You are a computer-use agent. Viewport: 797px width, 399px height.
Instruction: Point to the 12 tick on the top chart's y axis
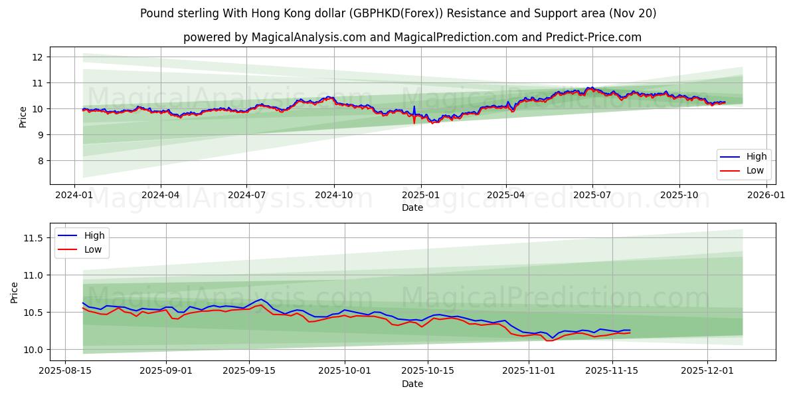37,57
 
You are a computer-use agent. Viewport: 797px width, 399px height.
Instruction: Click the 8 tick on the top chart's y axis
39,161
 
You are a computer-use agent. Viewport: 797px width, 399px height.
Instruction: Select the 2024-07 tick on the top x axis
246,195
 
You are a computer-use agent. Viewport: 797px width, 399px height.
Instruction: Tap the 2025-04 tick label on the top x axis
505,195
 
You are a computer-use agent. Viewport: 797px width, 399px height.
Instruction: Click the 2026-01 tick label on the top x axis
765,195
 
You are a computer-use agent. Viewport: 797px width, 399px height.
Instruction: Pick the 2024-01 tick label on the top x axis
74,195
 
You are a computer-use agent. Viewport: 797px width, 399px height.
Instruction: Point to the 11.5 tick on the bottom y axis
33,238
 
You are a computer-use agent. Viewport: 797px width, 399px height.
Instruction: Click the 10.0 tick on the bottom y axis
33,350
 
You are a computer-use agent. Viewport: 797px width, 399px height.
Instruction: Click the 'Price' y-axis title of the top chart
23,116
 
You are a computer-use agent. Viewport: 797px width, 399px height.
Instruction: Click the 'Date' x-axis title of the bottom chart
412,384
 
